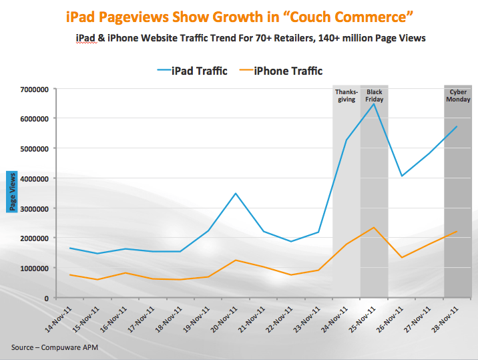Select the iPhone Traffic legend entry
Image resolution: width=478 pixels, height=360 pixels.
pos(280,70)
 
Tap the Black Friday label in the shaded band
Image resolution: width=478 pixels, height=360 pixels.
pos(374,96)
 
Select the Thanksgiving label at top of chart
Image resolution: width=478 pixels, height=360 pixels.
pos(346,96)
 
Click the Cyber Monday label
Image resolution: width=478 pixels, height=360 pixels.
pos(459,96)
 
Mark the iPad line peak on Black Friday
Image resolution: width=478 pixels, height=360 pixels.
pos(374,104)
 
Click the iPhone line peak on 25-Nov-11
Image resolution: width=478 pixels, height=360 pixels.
pos(374,228)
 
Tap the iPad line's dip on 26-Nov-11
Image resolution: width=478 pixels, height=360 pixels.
pos(402,176)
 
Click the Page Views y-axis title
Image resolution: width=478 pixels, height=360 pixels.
pos(11,191)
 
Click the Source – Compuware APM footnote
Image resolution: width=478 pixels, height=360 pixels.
pos(49,347)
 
